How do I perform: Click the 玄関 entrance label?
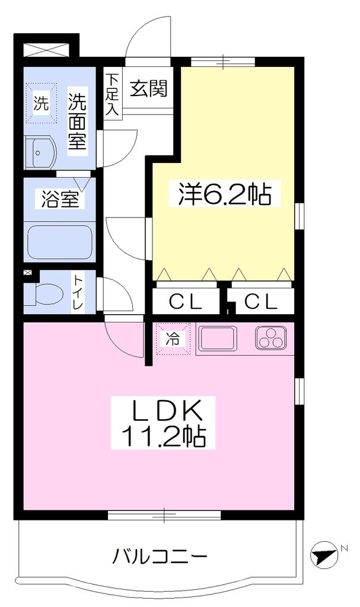click(x=148, y=89)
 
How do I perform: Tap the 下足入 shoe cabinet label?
click(x=113, y=94)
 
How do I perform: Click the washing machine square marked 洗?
click(x=41, y=103)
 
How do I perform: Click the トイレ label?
click(x=79, y=292)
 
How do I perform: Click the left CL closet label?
click(x=186, y=301)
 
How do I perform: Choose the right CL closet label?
click(x=261, y=301)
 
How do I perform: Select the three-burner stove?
click(x=271, y=338)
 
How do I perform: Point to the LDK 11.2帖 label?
click(x=163, y=423)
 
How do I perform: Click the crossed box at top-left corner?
click(x=46, y=50)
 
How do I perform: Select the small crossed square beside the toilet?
click(x=28, y=273)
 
